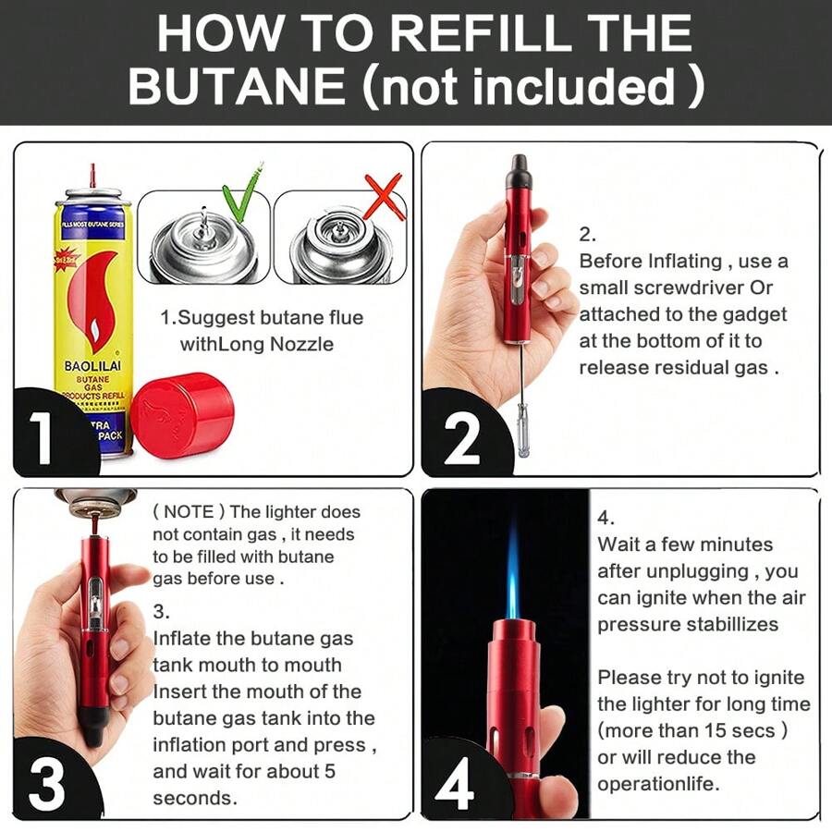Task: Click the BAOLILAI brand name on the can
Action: (92, 366)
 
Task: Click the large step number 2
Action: (461, 439)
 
